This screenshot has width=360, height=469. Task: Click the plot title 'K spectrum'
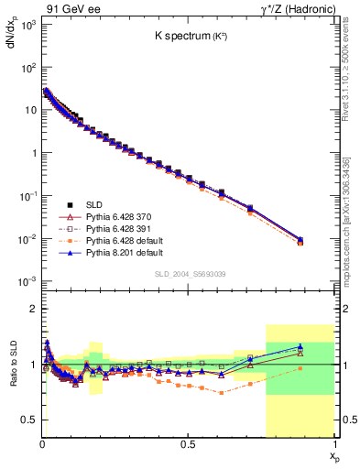(x=189, y=38)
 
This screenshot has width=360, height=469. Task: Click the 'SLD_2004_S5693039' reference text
(x=189, y=274)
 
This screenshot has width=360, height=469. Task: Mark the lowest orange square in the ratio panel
(x=221, y=392)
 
